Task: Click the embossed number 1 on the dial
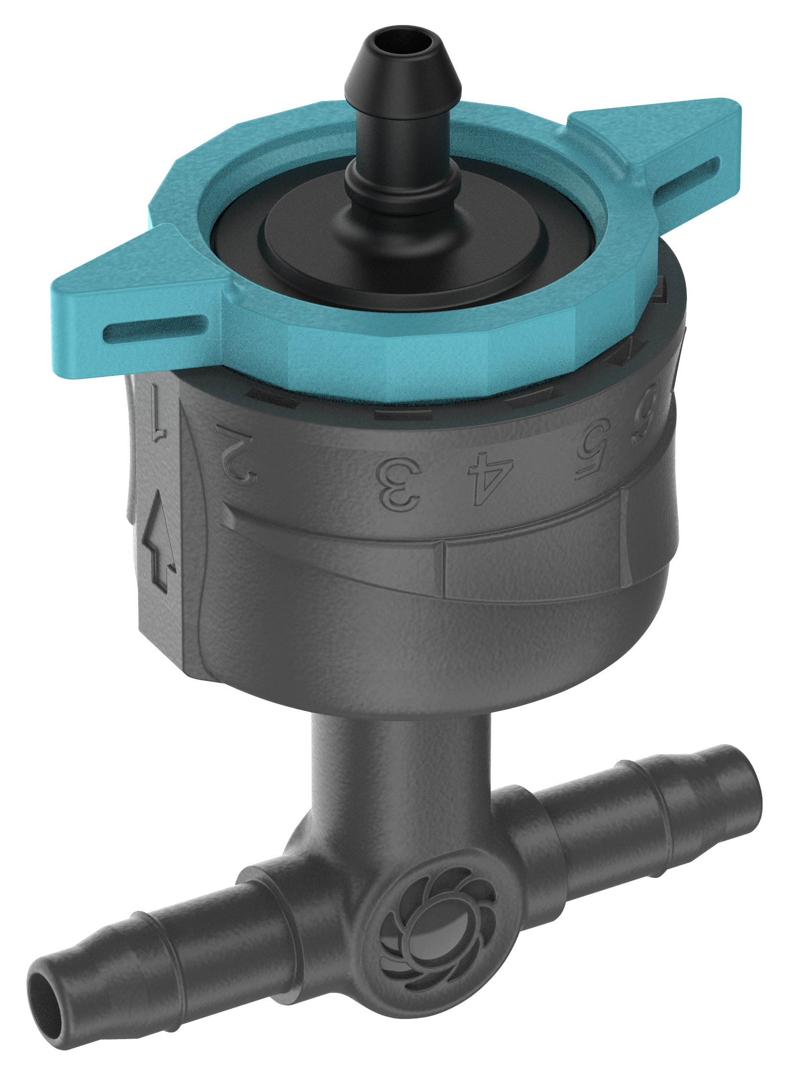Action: pos(157,412)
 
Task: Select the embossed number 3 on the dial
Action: pos(399,484)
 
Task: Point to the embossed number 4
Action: pos(490,478)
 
